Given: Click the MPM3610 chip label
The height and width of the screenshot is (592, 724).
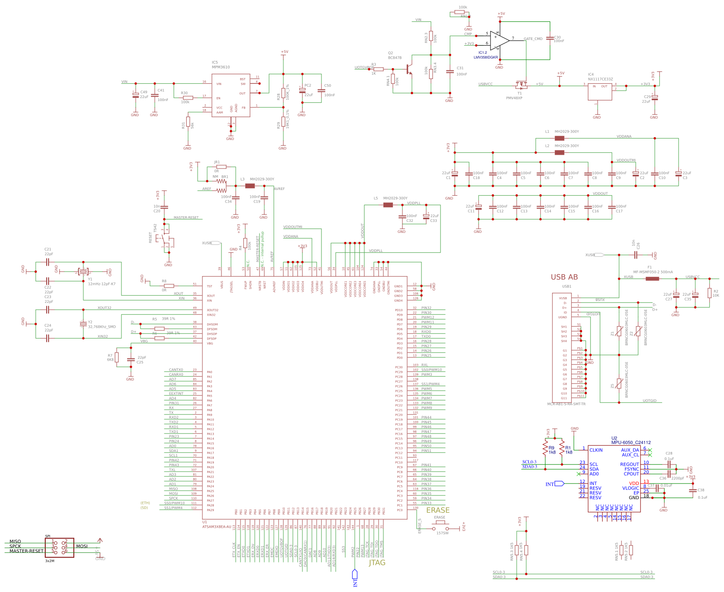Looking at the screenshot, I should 221,67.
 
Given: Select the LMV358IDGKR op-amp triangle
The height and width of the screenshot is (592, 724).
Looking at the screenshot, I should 499,40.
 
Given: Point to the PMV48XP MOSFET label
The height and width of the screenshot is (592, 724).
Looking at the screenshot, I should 514,98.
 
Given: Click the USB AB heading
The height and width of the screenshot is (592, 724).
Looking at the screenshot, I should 564,277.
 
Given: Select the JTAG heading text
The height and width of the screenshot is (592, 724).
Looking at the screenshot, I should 377,562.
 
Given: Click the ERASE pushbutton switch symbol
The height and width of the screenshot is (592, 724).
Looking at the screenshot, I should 440,528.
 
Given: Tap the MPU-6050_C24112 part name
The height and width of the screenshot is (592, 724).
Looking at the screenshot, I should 631,442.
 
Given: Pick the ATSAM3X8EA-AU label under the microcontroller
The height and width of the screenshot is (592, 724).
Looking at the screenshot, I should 217,527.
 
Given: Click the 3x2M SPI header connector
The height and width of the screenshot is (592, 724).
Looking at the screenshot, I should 60,547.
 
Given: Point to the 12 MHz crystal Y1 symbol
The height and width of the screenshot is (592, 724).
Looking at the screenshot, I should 84,271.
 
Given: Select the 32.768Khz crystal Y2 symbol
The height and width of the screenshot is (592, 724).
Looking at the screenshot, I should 83,324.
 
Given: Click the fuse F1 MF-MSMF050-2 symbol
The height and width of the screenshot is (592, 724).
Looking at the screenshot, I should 652,278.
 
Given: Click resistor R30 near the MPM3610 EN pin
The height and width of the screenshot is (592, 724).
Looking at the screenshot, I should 188,98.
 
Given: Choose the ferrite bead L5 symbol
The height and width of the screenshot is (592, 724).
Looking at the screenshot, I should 388,205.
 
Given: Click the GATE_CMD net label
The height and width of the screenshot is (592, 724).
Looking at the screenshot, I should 533,39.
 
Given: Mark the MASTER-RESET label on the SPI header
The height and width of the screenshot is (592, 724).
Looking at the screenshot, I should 26,551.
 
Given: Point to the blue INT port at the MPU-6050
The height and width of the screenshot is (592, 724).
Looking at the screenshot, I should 555,484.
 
